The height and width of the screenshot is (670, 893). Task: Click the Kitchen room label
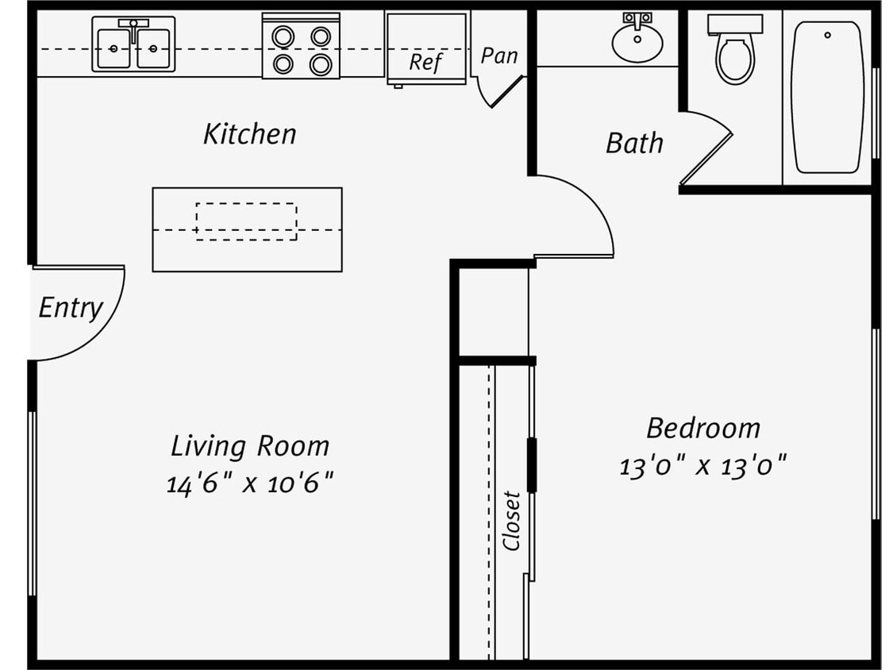click(x=249, y=134)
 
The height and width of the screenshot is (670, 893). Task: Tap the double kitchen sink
click(x=133, y=44)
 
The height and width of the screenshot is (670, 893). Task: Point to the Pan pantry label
click(x=499, y=56)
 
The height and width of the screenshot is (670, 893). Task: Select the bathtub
click(x=827, y=97)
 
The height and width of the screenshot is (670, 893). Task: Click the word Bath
click(x=634, y=144)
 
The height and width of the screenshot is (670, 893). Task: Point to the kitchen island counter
click(x=247, y=252)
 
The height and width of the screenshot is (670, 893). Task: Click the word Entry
click(x=71, y=308)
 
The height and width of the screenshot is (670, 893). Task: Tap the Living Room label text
click(x=250, y=446)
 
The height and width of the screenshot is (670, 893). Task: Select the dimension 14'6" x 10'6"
click(x=249, y=483)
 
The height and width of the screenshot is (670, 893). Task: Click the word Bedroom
click(x=703, y=429)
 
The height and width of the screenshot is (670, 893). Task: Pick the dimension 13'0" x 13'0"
click(x=702, y=465)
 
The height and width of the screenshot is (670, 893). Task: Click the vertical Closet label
click(x=512, y=521)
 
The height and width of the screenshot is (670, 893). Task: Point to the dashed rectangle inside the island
click(x=246, y=221)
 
